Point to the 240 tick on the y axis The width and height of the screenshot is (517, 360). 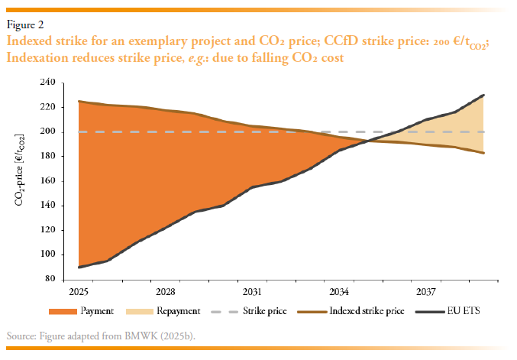click(47, 83)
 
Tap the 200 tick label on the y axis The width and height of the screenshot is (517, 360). click(47, 131)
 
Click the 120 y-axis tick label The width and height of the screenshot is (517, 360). click(47, 230)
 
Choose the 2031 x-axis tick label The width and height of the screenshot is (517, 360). click(253, 292)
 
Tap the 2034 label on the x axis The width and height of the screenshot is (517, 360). click(339, 292)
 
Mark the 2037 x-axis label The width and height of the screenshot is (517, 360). click(425, 292)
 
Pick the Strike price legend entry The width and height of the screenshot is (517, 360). click(259, 311)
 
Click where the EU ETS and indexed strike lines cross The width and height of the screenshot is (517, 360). click(368, 141)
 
